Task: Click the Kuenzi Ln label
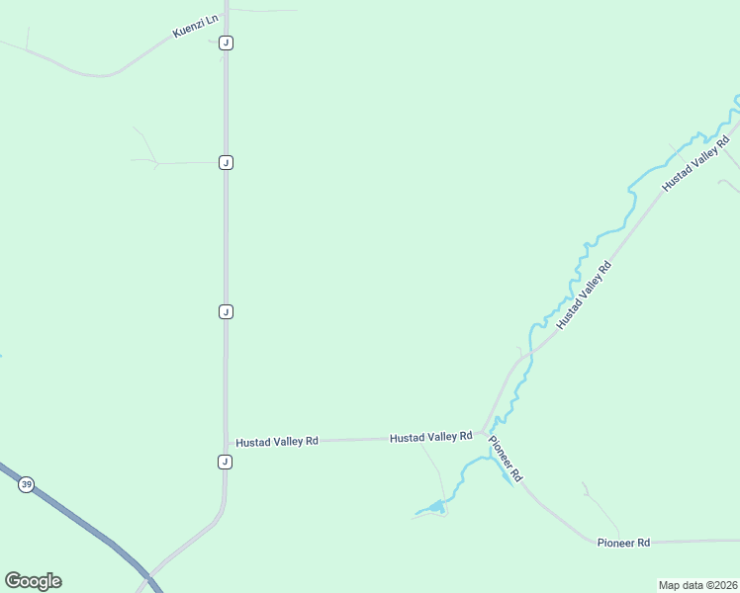(x=195, y=26)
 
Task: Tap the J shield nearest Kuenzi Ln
(x=227, y=42)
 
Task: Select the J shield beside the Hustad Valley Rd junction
(x=226, y=462)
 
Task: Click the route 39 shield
(x=26, y=484)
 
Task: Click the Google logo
(x=33, y=580)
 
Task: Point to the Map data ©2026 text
(x=697, y=585)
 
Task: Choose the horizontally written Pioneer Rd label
(x=623, y=543)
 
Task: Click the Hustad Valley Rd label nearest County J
(x=277, y=442)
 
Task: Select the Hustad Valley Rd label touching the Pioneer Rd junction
(x=430, y=437)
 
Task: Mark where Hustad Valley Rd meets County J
(x=227, y=443)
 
